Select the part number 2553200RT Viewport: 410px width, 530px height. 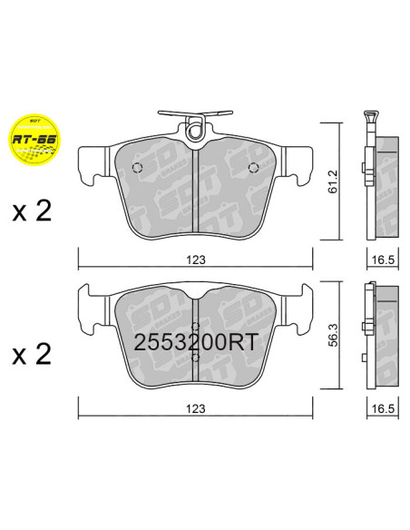coord(196,344)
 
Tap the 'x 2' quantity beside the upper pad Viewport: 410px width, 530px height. coord(32,213)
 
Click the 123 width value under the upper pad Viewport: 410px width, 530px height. coord(196,260)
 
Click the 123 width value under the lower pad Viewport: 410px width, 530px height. coord(196,408)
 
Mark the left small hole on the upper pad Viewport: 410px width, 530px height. coord(136,168)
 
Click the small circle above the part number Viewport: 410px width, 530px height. coord(196,327)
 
